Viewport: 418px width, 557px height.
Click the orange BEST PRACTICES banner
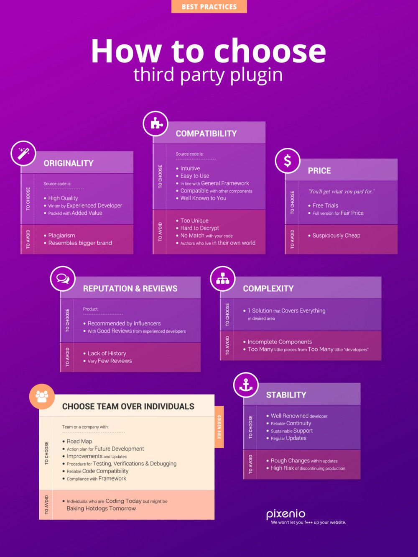tap(209, 6)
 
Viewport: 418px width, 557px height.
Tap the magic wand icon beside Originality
tap(23, 153)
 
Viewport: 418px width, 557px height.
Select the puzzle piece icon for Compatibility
tap(155, 123)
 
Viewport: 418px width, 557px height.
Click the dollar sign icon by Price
tap(288, 161)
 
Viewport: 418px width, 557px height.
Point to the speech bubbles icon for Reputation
tap(63, 279)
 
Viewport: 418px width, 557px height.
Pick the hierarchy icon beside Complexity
tap(222, 279)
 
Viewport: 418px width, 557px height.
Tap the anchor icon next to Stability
tap(246, 385)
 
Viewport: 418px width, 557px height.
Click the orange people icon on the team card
tap(42, 396)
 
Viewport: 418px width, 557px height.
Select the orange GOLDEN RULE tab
tap(219, 427)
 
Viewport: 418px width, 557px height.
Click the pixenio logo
tap(285, 514)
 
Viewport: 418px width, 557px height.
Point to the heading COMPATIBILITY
tap(206, 133)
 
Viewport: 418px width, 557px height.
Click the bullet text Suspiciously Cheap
tap(336, 236)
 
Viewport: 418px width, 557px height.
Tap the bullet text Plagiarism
tap(61, 236)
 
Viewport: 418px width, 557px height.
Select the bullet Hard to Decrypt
tap(199, 228)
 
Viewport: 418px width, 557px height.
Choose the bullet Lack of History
tap(107, 353)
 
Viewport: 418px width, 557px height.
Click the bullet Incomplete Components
tap(280, 341)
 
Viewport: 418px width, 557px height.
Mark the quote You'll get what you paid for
tap(341, 191)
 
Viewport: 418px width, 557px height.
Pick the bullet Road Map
tap(79, 441)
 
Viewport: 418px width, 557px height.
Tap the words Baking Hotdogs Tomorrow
tap(101, 508)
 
